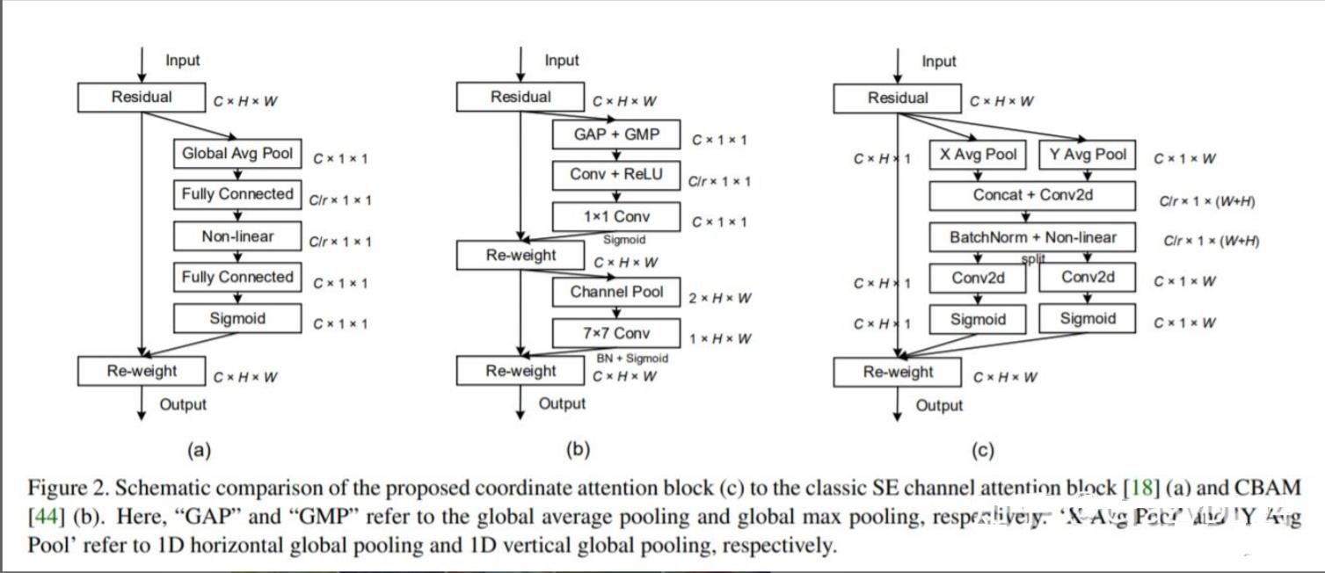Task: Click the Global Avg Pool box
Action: [x=237, y=154]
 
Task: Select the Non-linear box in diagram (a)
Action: [x=237, y=236]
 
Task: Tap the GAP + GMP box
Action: [x=616, y=134]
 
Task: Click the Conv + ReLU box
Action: [x=616, y=175]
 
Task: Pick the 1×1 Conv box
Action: [x=616, y=216]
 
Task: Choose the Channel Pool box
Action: [x=616, y=292]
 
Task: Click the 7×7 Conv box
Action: [x=616, y=333]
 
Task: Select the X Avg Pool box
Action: [x=978, y=155]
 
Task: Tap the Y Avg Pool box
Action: [x=1087, y=155]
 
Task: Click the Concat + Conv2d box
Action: [x=1032, y=195]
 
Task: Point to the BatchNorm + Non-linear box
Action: [x=1032, y=237]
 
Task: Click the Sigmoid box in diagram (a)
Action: [x=237, y=318]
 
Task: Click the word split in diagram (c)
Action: [x=1033, y=258]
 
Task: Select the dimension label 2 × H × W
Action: [x=719, y=299]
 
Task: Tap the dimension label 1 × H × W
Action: [x=719, y=339]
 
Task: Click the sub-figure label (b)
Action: [x=577, y=450]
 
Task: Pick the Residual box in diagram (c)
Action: [x=897, y=98]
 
